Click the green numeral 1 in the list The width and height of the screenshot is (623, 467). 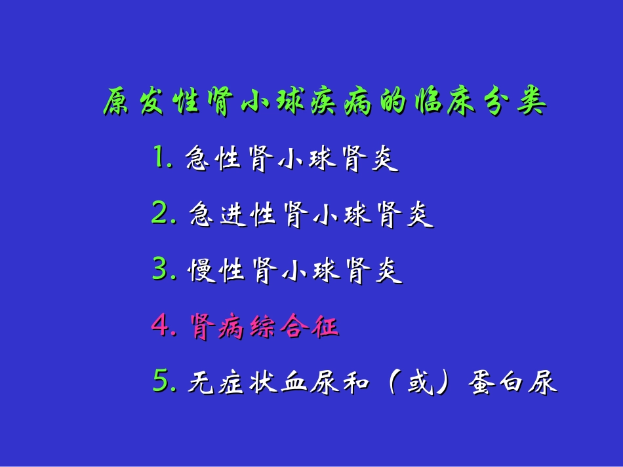[159, 158]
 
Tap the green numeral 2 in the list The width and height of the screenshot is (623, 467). [159, 214]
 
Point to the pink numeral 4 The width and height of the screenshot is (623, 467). [160, 326]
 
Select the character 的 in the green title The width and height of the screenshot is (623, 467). [392, 103]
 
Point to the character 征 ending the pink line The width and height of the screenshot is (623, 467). [325, 326]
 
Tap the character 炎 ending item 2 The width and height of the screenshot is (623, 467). [418, 215]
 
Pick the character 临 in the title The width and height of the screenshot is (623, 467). [427, 103]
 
